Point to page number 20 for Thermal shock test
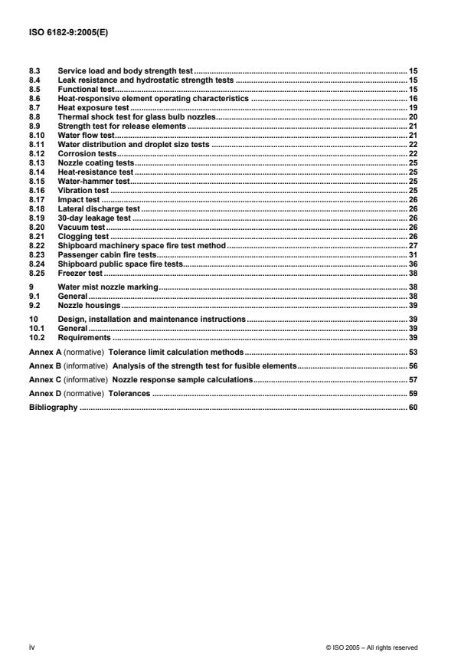412,117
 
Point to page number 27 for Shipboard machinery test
412,246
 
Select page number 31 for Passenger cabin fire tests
412,255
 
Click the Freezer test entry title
80,274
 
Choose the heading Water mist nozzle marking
108,287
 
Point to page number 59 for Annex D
412,393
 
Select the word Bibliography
53,408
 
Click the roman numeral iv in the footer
32,647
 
